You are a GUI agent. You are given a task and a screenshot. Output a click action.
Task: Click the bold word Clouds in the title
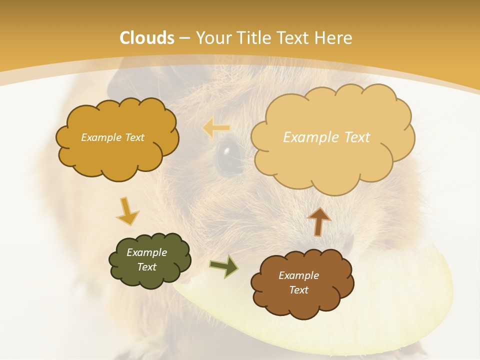(147, 38)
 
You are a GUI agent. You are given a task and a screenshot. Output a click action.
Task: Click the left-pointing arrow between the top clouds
(215, 128)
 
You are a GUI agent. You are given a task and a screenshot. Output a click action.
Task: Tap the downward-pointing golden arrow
(127, 211)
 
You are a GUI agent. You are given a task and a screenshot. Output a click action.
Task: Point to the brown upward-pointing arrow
(319, 221)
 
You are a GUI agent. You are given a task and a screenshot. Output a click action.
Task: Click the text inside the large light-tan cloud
(326, 137)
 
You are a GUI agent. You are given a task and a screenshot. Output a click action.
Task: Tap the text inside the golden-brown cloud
(112, 137)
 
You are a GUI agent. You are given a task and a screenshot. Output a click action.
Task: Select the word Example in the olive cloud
(146, 252)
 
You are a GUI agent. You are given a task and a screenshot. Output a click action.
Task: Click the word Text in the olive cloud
(146, 267)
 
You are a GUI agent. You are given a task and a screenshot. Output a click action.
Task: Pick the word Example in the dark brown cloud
(298, 275)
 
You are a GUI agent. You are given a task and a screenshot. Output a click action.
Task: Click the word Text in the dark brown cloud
(298, 290)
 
